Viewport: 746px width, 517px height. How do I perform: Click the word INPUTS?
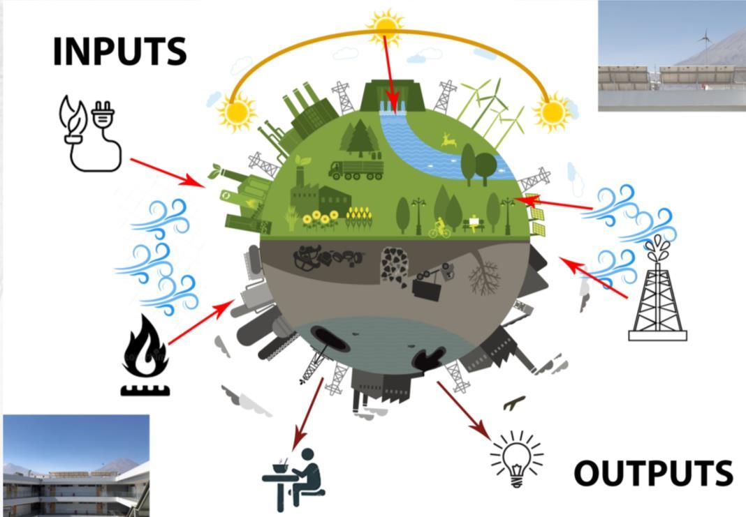click(119, 52)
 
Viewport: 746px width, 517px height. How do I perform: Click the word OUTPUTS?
click(653, 474)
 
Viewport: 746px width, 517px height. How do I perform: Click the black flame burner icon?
click(145, 356)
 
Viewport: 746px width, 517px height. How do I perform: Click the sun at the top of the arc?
click(386, 27)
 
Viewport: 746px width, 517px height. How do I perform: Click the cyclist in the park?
click(440, 227)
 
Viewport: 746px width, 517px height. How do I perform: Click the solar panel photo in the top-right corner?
click(671, 56)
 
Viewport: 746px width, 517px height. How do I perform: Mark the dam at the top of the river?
click(395, 98)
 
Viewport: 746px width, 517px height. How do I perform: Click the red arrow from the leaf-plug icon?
click(167, 172)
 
